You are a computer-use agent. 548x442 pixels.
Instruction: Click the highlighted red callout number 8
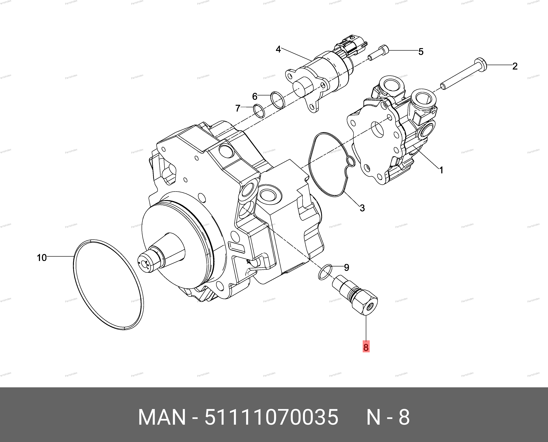coord(366,347)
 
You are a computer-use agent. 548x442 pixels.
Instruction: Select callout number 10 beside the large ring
coord(42,258)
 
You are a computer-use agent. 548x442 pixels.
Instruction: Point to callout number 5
coord(421,52)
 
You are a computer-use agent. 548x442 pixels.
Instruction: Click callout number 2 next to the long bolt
coord(515,66)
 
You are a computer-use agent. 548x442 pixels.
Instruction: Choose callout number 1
coord(441,170)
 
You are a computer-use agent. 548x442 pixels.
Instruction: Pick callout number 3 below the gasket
coord(362,208)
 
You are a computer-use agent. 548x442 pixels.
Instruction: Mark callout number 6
coord(255,97)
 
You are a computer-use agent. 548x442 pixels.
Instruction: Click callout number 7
coord(238,108)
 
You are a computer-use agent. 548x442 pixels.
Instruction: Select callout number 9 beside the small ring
coord(346,267)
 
